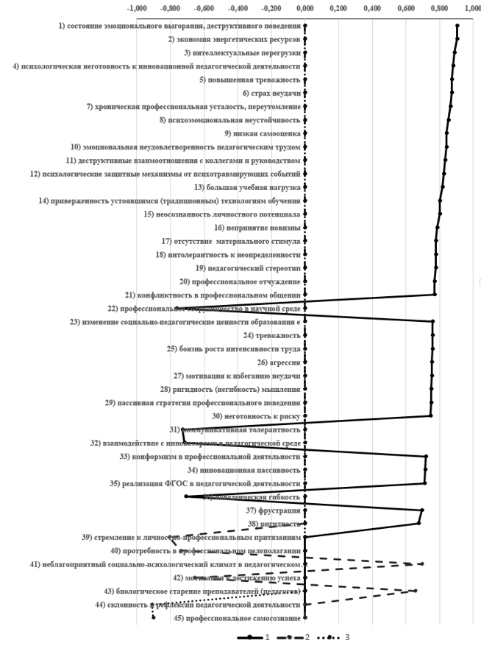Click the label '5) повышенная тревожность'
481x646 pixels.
click(x=250, y=80)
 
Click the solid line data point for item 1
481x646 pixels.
click(x=457, y=26)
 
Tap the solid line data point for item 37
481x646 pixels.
click(x=421, y=510)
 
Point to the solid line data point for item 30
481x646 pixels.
click(x=431, y=416)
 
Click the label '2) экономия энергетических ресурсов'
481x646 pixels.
click(x=234, y=39)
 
